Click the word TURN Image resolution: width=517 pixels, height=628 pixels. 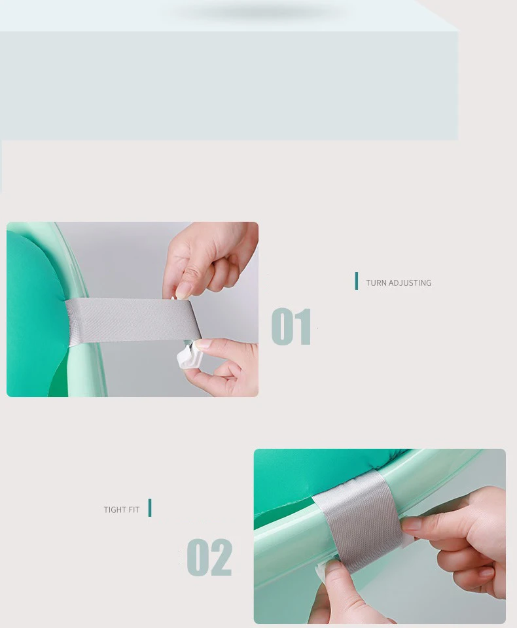pyautogui.click(x=376, y=283)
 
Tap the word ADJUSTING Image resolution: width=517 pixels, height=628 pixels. pyautogui.click(x=410, y=283)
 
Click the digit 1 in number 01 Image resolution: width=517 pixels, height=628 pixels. pyautogui.click(x=304, y=326)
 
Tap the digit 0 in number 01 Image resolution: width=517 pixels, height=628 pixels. pyautogui.click(x=282, y=326)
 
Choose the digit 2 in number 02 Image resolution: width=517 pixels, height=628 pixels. pyautogui.click(x=221, y=557)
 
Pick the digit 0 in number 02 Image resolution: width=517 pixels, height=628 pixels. pyautogui.click(x=198, y=557)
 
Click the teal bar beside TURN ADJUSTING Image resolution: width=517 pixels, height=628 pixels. pyautogui.click(x=357, y=281)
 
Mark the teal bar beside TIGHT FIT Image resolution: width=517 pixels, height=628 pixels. pyautogui.click(x=150, y=508)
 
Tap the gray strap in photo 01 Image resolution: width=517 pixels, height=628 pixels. pyautogui.click(x=131, y=320)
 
